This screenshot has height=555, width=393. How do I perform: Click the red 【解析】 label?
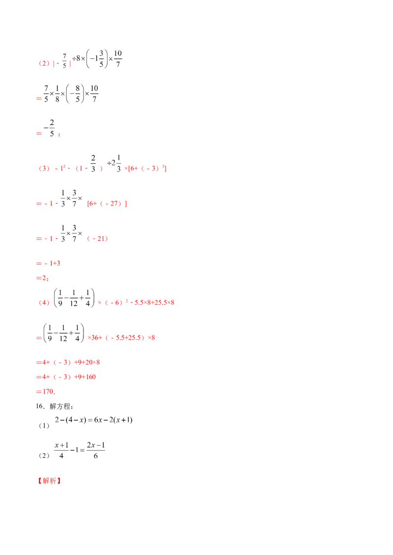pyautogui.click(x=49, y=480)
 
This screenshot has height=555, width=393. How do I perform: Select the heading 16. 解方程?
pyautogui.click(x=54, y=406)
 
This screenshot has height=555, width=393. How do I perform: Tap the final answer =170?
pyautogui.click(x=46, y=391)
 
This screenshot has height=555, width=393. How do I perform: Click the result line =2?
pyautogui.click(x=42, y=278)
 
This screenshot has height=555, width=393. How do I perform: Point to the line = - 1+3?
pyautogui.click(x=48, y=263)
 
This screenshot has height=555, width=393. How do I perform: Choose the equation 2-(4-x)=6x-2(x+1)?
pyautogui.click(x=94, y=420)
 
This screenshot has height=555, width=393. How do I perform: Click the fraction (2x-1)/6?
pyautogui.click(x=96, y=450)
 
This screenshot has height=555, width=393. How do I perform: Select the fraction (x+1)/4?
pyautogui.click(x=62, y=450)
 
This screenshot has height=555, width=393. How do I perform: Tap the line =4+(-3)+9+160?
pyautogui.click(x=66, y=377)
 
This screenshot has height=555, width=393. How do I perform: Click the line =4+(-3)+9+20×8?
pyautogui.click(x=68, y=362)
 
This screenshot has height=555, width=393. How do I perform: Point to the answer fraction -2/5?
pyautogui.click(x=50, y=128)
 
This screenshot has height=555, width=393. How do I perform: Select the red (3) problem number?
pyautogui.click(x=44, y=169)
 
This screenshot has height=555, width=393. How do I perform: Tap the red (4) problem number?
pyautogui.click(x=44, y=303)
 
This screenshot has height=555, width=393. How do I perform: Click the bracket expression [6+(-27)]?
pyautogui.click(x=107, y=203)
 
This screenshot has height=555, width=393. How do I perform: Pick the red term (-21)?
pyautogui.click(x=97, y=239)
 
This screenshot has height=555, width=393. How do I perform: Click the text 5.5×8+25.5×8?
pyautogui.click(x=154, y=303)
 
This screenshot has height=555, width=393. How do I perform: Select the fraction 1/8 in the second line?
pyautogui.click(x=57, y=94)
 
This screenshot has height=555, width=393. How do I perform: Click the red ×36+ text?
pyautogui.click(x=95, y=338)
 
